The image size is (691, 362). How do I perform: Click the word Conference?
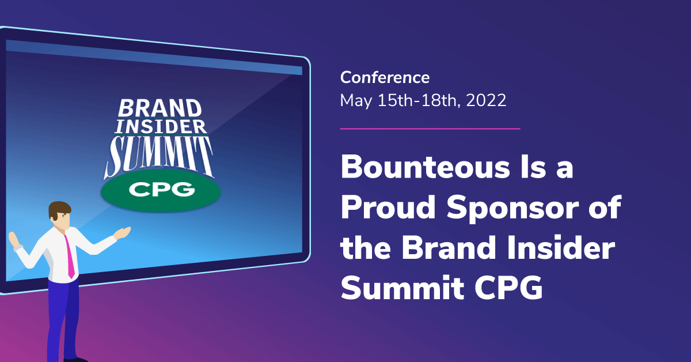tap(385, 77)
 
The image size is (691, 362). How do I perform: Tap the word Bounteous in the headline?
tap(426, 167)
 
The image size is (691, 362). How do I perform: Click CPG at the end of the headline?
tap(508, 288)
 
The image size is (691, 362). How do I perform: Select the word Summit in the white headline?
tap(403, 288)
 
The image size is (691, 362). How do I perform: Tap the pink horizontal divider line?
tap(430, 129)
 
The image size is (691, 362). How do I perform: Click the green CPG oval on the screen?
tap(161, 190)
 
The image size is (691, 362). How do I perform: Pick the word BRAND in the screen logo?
tap(160, 108)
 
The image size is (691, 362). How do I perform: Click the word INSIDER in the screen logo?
tap(161, 127)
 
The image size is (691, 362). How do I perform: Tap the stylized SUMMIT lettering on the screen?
tap(159, 156)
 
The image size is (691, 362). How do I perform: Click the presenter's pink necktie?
tap(70, 257)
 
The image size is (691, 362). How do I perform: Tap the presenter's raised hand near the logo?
tap(123, 233)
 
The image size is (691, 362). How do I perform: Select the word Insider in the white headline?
tap(561, 248)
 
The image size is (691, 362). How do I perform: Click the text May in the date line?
tap(356, 101)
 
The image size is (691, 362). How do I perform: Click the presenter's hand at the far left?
tap(14, 239)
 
